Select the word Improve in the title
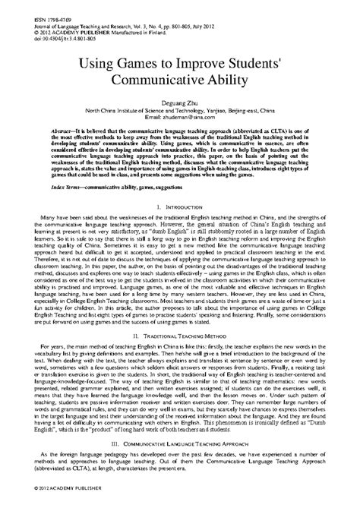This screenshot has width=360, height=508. (200, 62)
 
